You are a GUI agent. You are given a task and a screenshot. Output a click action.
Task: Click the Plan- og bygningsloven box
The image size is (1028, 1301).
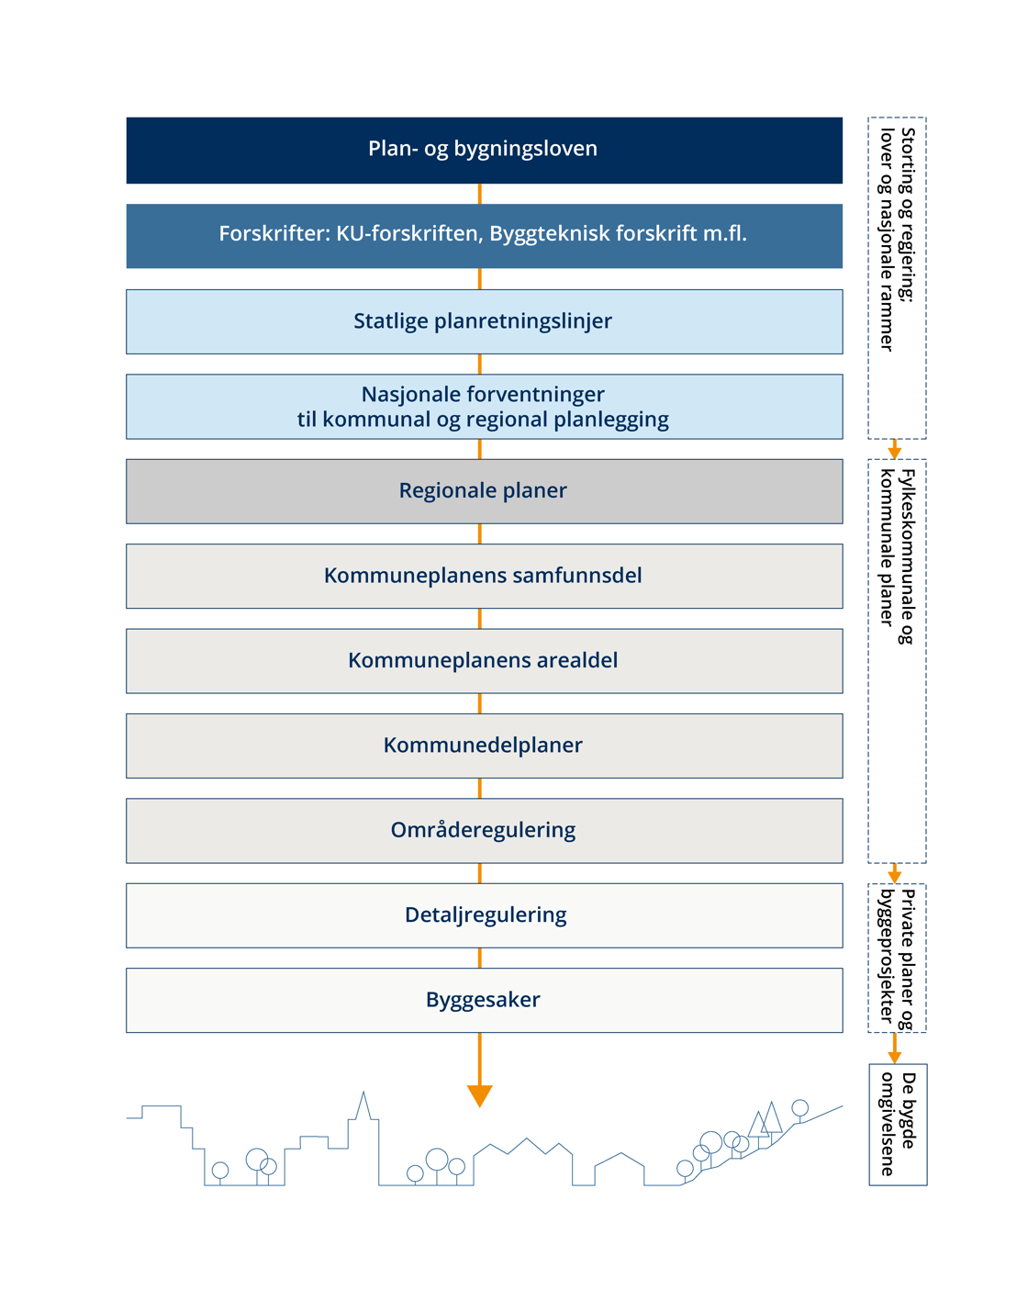(x=484, y=150)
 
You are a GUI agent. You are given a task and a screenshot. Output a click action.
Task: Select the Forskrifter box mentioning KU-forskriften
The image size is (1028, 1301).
(x=484, y=235)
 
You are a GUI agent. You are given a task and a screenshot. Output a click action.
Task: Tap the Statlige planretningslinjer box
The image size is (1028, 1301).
(x=484, y=321)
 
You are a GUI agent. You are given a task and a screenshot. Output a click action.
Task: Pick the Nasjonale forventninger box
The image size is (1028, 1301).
(x=484, y=407)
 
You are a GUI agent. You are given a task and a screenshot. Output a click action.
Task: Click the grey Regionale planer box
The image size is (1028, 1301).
(x=484, y=491)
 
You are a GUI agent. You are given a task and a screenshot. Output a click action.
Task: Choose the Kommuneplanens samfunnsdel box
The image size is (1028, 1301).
(x=484, y=576)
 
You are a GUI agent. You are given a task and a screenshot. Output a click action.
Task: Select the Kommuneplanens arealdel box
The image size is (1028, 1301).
(x=484, y=661)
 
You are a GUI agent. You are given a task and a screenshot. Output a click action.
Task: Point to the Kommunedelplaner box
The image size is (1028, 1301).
(x=484, y=746)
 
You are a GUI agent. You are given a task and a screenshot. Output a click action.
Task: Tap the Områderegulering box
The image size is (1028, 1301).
(x=484, y=830)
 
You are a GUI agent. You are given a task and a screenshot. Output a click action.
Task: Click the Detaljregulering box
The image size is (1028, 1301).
(x=484, y=915)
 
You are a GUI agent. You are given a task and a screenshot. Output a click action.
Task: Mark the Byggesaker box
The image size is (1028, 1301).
(x=484, y=1000)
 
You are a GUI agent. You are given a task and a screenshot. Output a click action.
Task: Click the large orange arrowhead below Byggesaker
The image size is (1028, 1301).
(x=480, y=1095)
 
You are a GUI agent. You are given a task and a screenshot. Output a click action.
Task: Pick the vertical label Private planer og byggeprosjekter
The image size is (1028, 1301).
(x=897, y=957)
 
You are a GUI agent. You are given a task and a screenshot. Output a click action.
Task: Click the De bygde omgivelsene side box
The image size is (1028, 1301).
(x=898, y=1124)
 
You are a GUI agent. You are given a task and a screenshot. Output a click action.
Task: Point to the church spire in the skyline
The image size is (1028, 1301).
(x=364, y=1105)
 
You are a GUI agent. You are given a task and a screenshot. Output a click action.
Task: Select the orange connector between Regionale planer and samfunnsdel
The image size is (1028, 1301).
(x=480, y=533)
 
